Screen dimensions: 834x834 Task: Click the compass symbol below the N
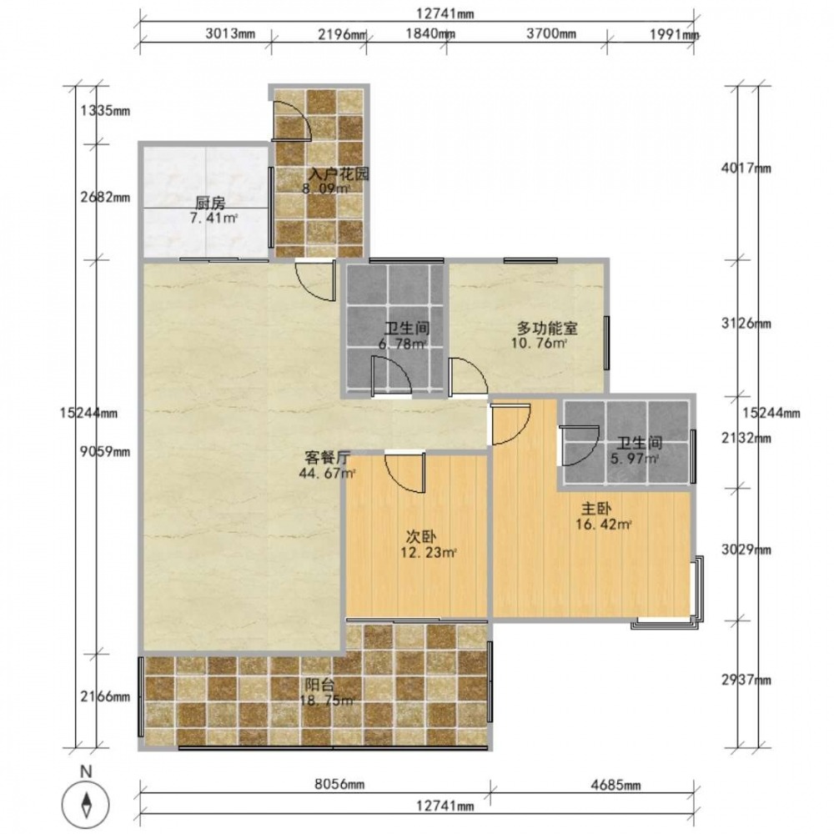(x=86, y=802)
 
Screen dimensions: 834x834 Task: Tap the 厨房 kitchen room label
(x=211, y=203)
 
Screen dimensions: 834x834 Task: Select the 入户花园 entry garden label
(x=339, y=174)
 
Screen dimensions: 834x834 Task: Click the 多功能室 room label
(x=547, y=328)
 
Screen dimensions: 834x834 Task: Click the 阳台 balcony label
(x=319, y=685)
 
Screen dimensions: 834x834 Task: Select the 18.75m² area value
(x=327, y=701)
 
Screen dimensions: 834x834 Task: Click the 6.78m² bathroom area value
(x=402, y=344)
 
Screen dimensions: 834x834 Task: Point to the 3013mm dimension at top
(x=230, y=34)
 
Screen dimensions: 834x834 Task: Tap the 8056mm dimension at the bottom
(x=339, y=785)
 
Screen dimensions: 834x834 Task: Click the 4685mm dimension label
(x=616, y=785)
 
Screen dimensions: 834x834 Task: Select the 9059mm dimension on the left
(x=105, y=451)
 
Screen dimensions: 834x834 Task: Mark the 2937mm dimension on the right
(x=746, y=680)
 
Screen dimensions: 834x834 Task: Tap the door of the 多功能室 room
(x=468, y=377)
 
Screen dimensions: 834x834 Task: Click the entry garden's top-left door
(x=291, y=119)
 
